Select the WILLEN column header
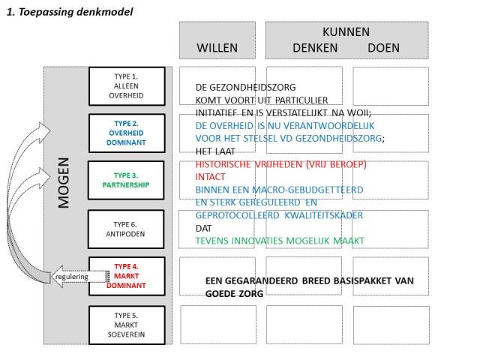(217, 48)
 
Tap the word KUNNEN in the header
(346, 31)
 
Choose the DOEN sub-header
(383, 48)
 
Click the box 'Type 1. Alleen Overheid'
(126, 85)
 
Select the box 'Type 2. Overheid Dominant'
(126, 132)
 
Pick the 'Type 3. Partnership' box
(126, 180)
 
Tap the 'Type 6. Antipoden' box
(126, 228)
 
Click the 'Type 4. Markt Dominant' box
(126, 275)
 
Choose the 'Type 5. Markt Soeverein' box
(126, 323)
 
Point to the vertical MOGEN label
(64, 182)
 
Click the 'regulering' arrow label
(71, 277)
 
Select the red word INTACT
(211, 177)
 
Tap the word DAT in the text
(204, 228)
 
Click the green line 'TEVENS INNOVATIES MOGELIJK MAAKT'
(280, 241)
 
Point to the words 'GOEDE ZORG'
(234, 294)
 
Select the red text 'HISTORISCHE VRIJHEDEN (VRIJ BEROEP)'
(280, 164)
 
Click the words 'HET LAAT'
(214, 151)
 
